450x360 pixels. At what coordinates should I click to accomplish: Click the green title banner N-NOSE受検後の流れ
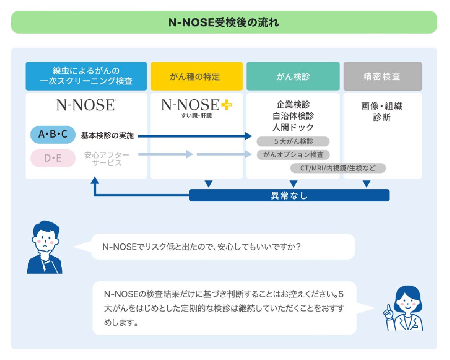[x=224, y=22]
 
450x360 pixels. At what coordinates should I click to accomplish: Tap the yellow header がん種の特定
[x=197, y=76]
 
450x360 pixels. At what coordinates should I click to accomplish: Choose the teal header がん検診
[x=293, y=76]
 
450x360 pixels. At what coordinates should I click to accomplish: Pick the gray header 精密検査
[x=382, y=76]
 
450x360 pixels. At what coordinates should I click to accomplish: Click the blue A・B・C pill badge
[x=53, y=135]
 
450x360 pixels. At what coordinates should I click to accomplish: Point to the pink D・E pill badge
[x=53, y=158]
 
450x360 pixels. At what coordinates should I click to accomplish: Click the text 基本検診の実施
[x=107, y=136]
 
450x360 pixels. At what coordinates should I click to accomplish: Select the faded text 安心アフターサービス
[x=106, y=158]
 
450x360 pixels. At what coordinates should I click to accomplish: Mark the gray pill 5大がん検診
[x=293, y=141]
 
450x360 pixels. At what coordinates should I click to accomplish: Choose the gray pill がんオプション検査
[x=293, y=154]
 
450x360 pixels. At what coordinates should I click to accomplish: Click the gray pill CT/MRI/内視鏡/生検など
[x=338, y=168]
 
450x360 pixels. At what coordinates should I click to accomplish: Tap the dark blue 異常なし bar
[x=289, y=195]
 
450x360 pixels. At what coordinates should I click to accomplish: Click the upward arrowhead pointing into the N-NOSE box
[x=94, y=181]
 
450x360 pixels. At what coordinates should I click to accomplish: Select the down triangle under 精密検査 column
[x=366, y=184]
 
